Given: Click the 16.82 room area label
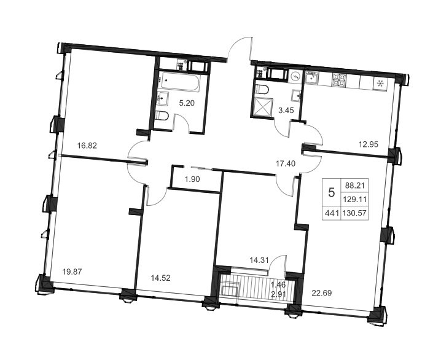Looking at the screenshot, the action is [x=87, y=146].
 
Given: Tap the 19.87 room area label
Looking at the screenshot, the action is [x=72, y=272].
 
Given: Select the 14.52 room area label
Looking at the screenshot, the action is [x=160, y=278].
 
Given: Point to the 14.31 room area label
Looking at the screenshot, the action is [x=260, y=260].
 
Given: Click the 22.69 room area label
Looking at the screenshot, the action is [x=322, y=293].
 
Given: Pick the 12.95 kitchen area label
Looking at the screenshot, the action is [x=369, y=144].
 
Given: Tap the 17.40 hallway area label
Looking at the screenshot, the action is [x=286, y=163].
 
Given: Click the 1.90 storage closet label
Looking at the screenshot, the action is [x=192, y=179].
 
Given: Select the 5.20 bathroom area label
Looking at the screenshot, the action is [x=187, y=103].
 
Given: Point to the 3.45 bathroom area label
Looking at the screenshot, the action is [x=286, y=110].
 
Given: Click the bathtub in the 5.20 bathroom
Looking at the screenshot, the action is [x=179, y=81].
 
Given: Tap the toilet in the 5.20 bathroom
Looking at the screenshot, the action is [x=162, y=115].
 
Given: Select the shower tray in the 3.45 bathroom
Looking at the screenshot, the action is [x=263, y=107].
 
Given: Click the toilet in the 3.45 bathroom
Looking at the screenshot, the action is [x=262, y=89].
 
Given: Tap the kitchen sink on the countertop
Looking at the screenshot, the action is [x=312, y=77].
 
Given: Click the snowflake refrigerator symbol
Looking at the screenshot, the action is [x=381, y=84].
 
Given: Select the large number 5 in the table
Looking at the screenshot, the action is [x=332, y=193].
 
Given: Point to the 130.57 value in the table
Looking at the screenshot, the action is [x=354, y=213].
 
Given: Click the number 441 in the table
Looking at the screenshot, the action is [x=331, y=213].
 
